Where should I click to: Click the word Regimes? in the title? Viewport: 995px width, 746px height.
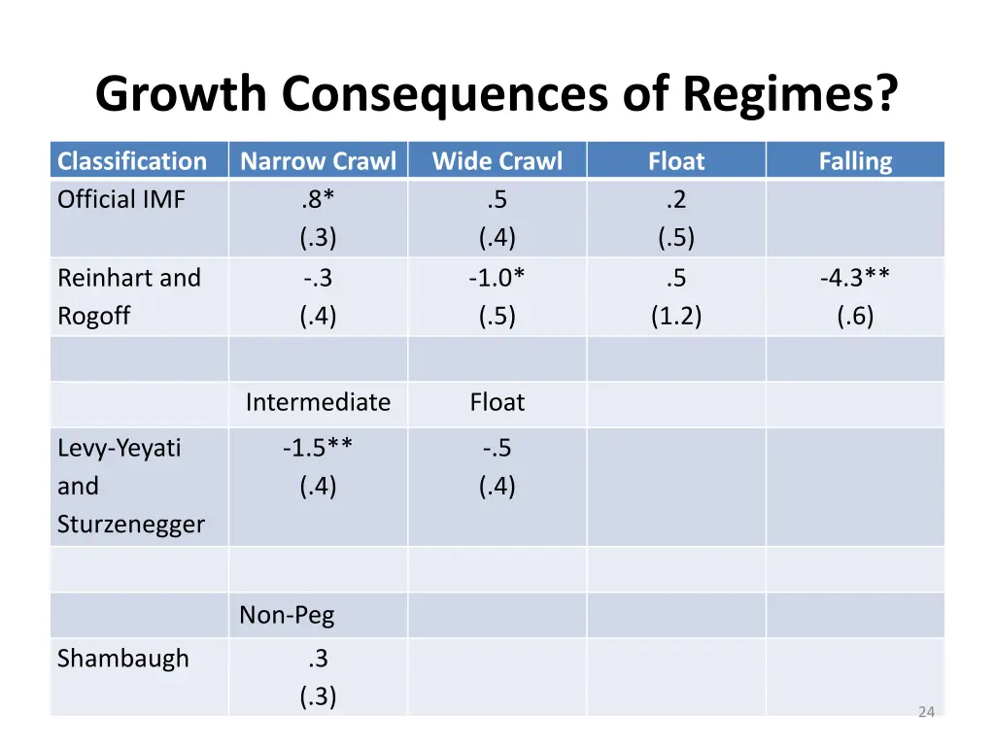[790, 94]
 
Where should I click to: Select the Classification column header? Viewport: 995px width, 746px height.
[132, 161]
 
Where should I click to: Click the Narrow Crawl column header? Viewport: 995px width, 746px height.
[318, 161]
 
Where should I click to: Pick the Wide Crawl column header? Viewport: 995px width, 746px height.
[497, 161]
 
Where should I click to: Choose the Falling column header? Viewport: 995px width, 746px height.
[855, 161]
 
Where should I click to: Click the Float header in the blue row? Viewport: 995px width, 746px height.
[676, 161]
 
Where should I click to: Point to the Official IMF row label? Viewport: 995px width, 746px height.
[121, 200]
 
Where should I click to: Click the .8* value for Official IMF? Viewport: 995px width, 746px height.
[318, 200]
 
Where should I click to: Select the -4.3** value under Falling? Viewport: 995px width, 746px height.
[855, 278]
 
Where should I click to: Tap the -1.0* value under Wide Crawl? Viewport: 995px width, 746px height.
[497, 278]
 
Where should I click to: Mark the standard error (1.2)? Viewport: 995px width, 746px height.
[676, 316]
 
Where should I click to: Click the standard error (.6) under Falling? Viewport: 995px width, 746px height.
[855, 316]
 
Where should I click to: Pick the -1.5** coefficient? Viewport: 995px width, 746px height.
[318, 448]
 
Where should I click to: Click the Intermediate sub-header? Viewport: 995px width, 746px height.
[318, 402]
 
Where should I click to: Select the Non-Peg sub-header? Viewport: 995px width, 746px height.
[287, 615]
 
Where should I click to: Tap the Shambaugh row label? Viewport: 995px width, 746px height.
[123, 659]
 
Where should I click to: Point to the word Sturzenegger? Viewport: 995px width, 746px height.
[131, 525]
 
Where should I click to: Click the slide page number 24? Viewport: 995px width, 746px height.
[926, 712]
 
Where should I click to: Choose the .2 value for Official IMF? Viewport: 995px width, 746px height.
[676, 200]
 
